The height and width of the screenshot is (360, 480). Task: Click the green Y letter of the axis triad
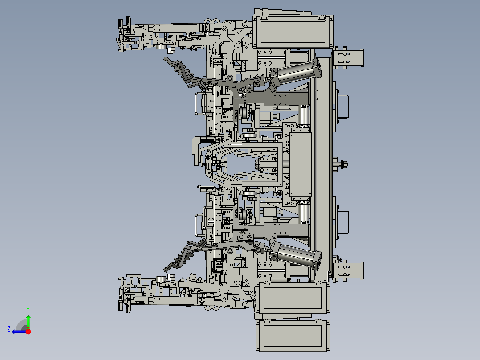[28, 309]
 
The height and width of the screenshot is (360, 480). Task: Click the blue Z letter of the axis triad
[9, 329]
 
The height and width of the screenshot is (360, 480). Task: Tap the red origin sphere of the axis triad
[28, 331]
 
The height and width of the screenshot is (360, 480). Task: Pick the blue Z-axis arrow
[18, 331]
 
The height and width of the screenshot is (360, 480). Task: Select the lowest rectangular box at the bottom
[293, 335]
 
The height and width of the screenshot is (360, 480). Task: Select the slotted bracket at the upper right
[349, 58]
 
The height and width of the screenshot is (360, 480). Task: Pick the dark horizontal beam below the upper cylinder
[276, 98]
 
